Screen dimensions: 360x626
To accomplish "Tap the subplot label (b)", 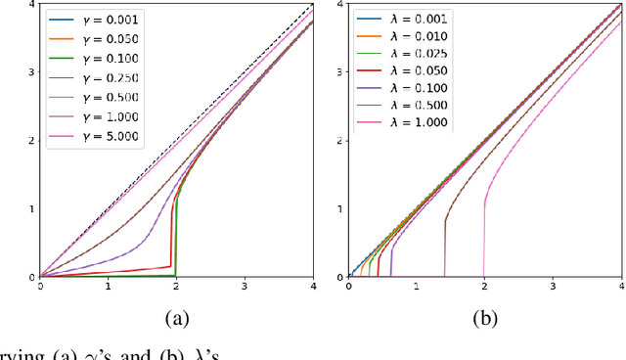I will pos(486,316).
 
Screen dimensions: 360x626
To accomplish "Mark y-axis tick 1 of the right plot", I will pos(340,209).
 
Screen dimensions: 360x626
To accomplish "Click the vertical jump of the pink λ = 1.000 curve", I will pos(485,240).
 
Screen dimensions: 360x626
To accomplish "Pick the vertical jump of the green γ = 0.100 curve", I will pos(176,240).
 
